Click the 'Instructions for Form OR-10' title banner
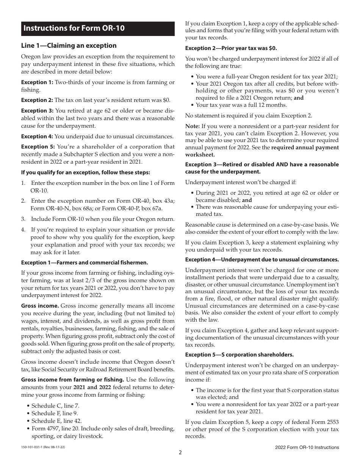point(97,28)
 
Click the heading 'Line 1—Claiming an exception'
point(69,45)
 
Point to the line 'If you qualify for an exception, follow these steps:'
point(85,172)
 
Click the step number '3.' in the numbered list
point(23,219)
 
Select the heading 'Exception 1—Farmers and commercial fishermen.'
point(85,263)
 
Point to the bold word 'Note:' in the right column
point(193,126)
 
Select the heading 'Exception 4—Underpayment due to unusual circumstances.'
point(262,260)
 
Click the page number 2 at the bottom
point(180,452)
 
